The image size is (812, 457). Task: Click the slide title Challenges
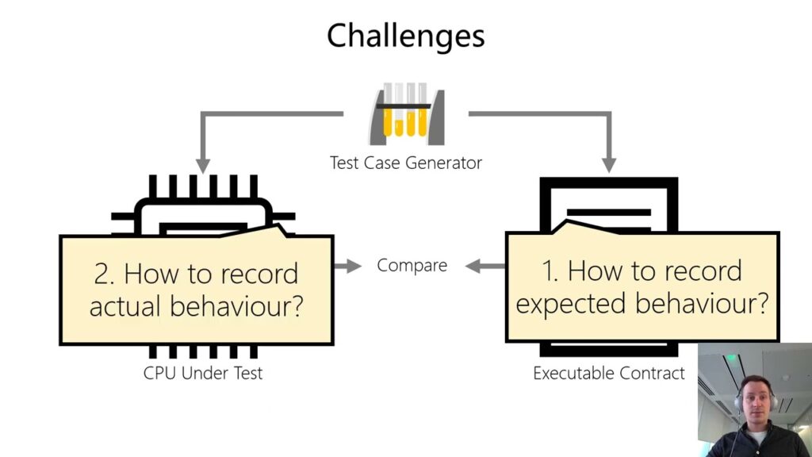[405, 36]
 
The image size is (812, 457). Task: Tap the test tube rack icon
[406, 117]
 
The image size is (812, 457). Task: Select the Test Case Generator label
[405, 163]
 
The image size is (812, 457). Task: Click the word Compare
[412, 265]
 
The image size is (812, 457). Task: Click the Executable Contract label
[608, 373]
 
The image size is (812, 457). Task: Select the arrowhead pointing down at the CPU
[203, 164]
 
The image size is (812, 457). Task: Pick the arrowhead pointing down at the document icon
[608, 164]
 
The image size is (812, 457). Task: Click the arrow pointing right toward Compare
[347, 266]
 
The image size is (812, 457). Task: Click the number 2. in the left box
[105, 274]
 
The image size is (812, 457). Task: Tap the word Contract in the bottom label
[654, 373]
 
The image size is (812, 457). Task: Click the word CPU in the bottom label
[159, 372]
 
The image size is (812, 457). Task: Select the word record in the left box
[258, 274]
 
